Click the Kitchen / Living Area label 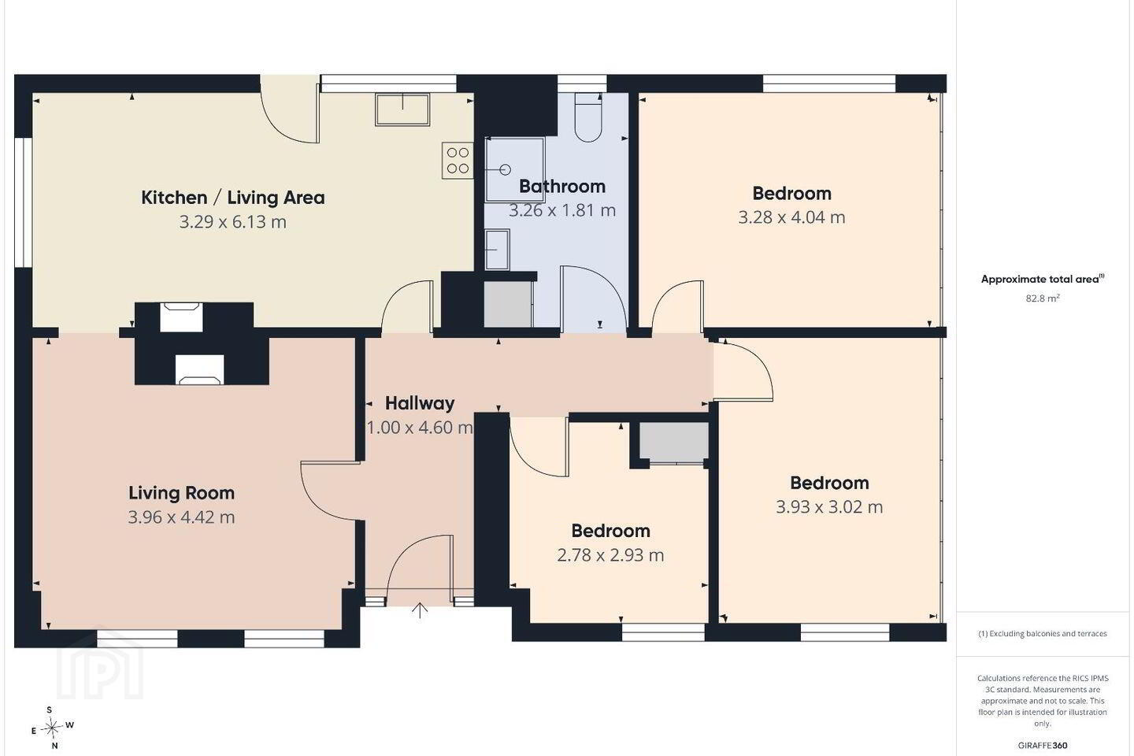[233, 198]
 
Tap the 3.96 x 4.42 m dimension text [181, 517]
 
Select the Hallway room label [420, 403]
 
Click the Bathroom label [562, 187]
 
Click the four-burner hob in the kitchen [458, 160]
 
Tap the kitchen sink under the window [402, 109]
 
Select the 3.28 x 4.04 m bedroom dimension [791, 217]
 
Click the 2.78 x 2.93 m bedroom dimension [610, 555]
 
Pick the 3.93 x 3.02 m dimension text [829, 507]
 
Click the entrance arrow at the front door [420, 610]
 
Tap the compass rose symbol [52, 728]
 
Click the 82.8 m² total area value [1043, 298]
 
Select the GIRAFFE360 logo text [1043, 745]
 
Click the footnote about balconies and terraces [1043, 633]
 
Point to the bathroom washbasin [497, 250]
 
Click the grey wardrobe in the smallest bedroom [673, 442]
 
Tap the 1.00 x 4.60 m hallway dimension [420, 428]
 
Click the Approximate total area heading [1043, 279]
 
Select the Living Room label [181, 493]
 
